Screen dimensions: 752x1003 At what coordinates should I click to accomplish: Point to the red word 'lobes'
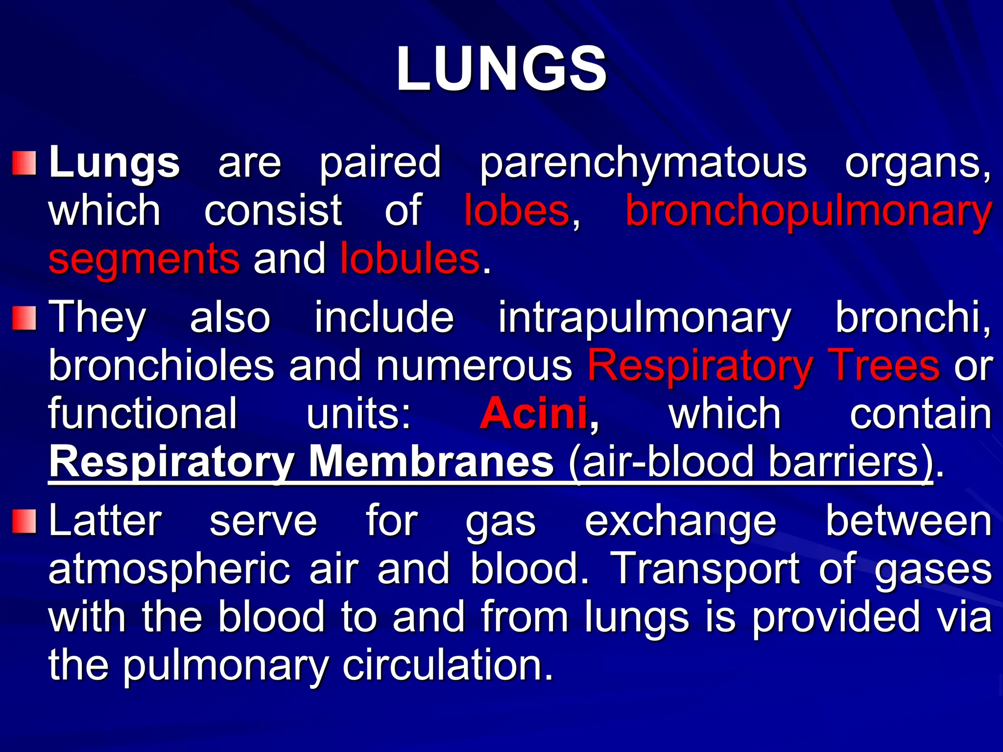coord(517,211)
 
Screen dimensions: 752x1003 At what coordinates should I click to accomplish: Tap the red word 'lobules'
coord(409,258)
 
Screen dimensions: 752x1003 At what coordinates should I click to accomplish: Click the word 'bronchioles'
coord(161,366)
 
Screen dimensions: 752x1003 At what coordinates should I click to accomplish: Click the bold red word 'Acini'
coord(534,414)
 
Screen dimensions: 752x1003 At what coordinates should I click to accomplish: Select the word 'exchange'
coord(680,522)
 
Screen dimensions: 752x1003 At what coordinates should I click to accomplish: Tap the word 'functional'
coord(143,414)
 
